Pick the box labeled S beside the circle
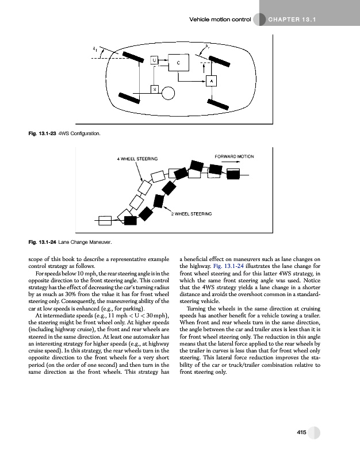pos(154,89)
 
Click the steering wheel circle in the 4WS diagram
pos(168,91)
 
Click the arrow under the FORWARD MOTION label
pos(232,162)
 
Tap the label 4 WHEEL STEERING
pos(138,158)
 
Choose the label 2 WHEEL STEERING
pos(192,213)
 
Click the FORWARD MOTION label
pos(234,156)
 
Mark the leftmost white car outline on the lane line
pos(105,220)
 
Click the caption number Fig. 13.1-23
pos(42,133)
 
